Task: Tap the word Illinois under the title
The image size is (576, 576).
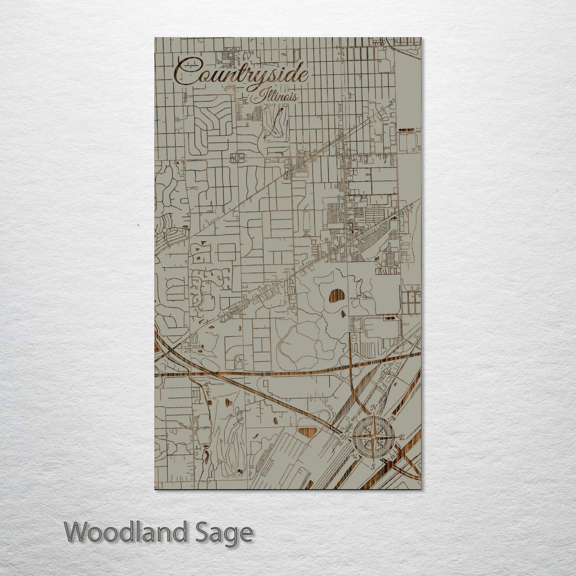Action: pos(279,97)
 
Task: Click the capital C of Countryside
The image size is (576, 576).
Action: pos(184,71)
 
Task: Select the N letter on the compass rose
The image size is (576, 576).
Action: pos(373,408)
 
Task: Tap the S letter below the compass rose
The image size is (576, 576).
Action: pos(373,466)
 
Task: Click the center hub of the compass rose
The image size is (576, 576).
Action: pos(373,437)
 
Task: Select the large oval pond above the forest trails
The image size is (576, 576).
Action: pos(337,295)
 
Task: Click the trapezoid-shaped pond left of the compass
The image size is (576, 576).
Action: pos(308,433)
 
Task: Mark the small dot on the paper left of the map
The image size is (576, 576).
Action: pos(138,226)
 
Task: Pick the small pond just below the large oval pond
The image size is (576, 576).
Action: pos(343,314)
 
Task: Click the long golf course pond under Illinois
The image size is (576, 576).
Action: pos(275,120)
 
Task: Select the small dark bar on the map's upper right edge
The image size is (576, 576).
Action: pos(406,130)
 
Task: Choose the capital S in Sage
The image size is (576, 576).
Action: pos(202,533)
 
